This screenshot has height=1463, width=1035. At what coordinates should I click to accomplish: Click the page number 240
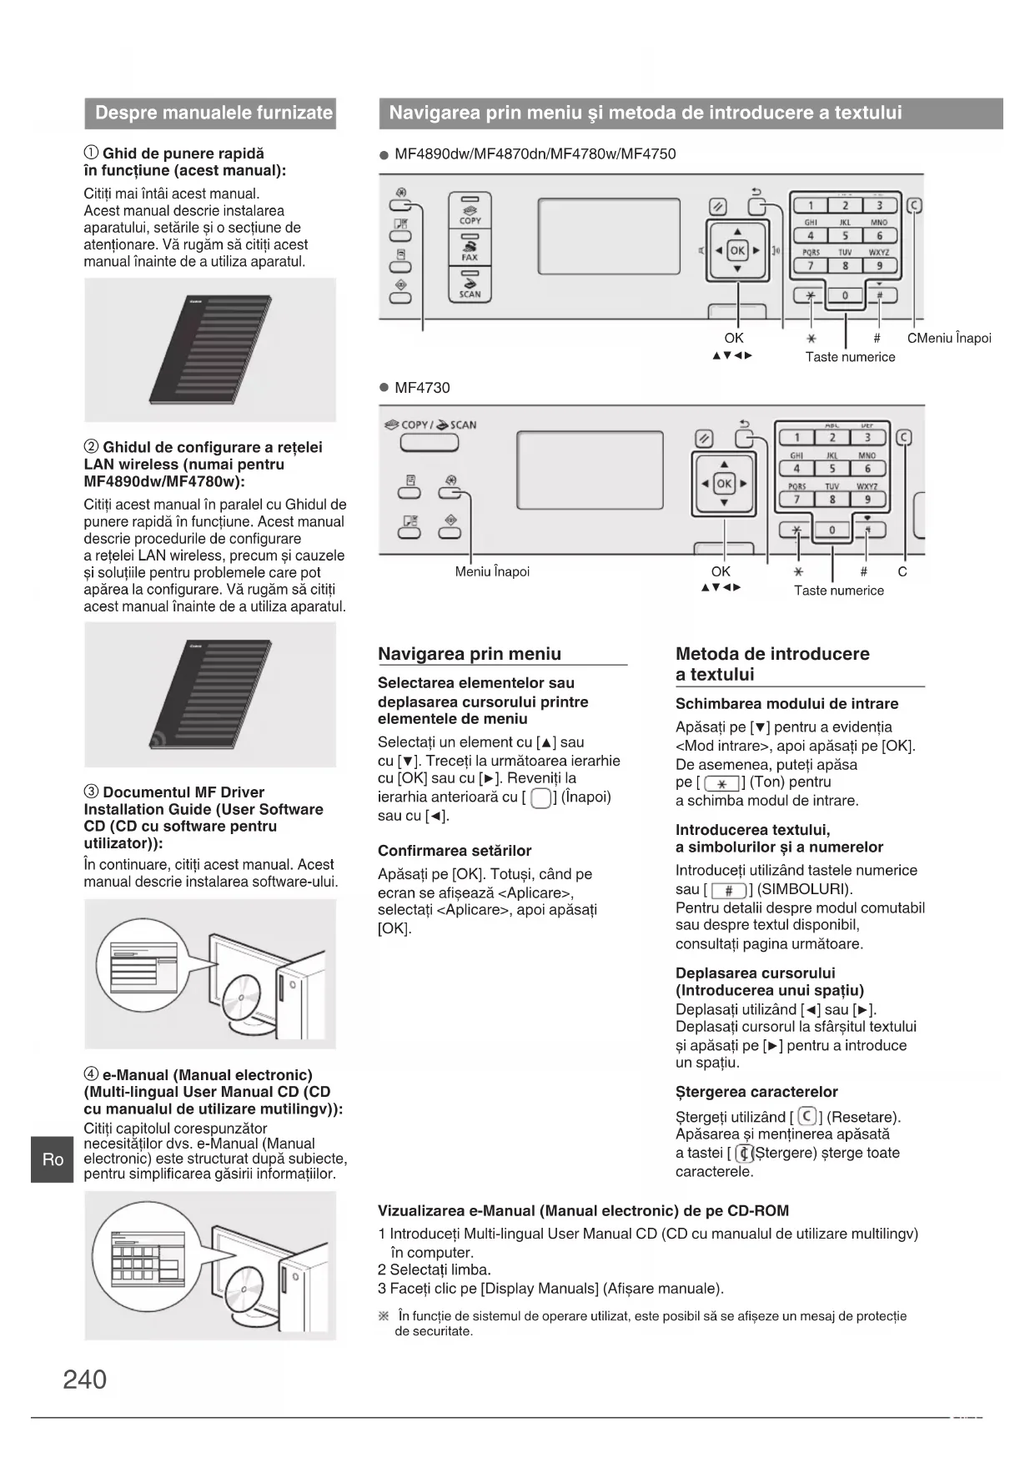85,1380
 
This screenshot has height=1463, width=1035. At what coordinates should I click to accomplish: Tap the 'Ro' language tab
53,1159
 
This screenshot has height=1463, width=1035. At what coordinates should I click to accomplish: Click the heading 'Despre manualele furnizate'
213,113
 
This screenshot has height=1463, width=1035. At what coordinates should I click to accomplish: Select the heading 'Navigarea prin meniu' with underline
470,654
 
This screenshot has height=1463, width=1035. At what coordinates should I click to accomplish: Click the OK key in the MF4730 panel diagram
724,484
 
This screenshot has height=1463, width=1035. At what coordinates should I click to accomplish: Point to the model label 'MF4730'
422,388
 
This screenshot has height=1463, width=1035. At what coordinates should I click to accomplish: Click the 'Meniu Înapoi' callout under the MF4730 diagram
492,572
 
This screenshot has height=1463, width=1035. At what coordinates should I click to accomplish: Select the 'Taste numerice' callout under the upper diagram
850,357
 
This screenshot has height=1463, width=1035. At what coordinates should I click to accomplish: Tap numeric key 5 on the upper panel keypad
845,236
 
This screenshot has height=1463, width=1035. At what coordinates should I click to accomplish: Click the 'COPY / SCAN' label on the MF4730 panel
430,425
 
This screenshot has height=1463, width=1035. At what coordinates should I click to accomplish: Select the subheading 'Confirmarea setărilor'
455,851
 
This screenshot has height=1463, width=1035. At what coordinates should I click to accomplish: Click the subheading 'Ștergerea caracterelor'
756,1092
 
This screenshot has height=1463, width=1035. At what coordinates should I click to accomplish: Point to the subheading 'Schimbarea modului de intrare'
786,704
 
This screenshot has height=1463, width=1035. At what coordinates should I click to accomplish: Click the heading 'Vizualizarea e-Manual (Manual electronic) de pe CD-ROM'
583,1211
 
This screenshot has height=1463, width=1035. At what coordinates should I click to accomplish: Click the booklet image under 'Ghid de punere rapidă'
211,349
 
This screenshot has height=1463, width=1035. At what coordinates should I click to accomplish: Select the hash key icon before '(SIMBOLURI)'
729,890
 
